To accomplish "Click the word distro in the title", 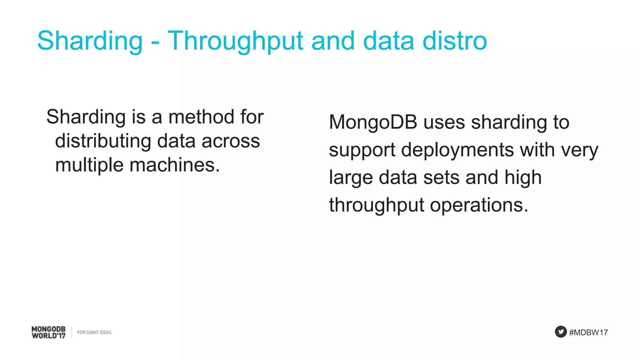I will pyautogui.click(x=455, y=41).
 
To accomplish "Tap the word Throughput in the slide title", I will pyautogui.click(x=235, y=41).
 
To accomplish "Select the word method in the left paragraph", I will pyautogui.click(x=201, y=117).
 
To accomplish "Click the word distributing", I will pyautogui.click(x=103, y=141).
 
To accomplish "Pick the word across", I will pyautogui.click(x=231, y=141).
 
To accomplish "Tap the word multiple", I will pyautogui.click(x=89, y=165).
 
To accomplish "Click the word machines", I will pyautogui.click(x=174, y=165).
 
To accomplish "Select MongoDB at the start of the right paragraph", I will pyautogui.click(x=373, y=122).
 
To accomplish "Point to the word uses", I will pyautogui.click(x=444, y=122).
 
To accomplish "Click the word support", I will pyautogui.click(x=362, y=150).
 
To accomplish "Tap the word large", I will pyautogui.click(x=351, y=177).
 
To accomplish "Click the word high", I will pyautogui.click(x=523, y=177).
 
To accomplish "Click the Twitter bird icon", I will pyautogui.click(x=561, y=332).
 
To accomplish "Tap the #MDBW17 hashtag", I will pyautogui.click(x=588, y=332).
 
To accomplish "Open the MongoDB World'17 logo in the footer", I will pyautogui.click(x=49, y=332).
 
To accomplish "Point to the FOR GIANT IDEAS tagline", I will pyautogui.click(x=94, y=332).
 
